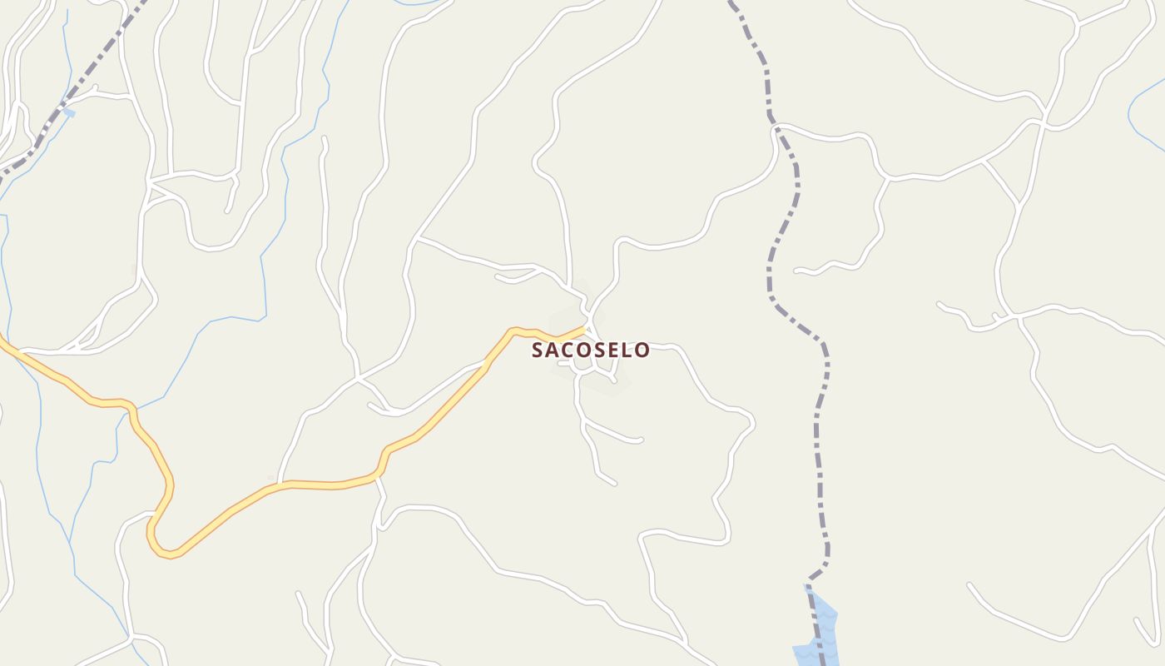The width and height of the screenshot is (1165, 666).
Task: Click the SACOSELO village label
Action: click(x=591, y=350)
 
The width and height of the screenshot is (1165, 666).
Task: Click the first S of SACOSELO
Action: click(x=538, y=350)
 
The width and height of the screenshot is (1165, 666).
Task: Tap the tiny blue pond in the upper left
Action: click(x=68, y=112)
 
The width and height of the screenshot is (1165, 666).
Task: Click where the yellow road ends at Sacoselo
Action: click(x=586, y=328)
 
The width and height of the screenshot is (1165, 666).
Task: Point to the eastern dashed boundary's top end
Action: click(x=731, y=3)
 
